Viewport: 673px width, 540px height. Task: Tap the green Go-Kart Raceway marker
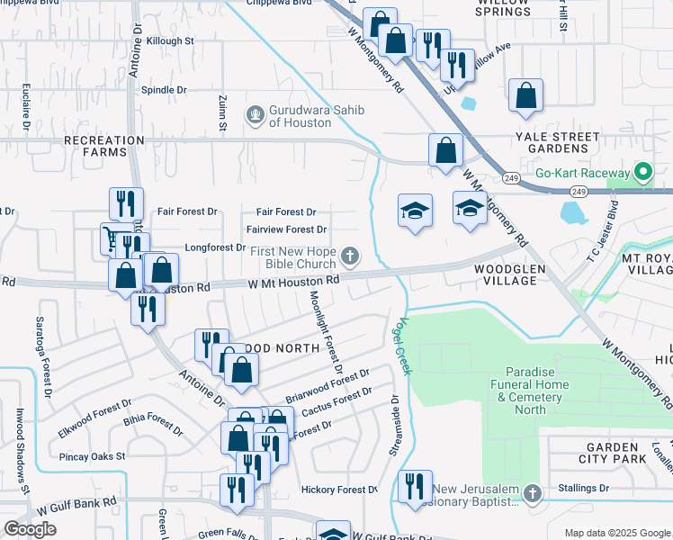pyautogui.click(x=643, y=172)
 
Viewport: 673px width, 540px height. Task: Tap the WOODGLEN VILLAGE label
pyautogui.click(x=504, y=274)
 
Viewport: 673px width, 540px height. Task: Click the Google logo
pyautogui.click(x=30, y=529)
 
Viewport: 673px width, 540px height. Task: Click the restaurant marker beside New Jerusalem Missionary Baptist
pyautogui.click(x=415, y=486)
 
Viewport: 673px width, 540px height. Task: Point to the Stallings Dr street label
pyautogui.click(x=608, y=488)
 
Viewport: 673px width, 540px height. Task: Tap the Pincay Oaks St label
pyautogui.click(x=92, y=457)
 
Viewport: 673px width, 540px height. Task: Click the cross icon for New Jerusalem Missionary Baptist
pyautogui.click(x=533, y=493)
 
